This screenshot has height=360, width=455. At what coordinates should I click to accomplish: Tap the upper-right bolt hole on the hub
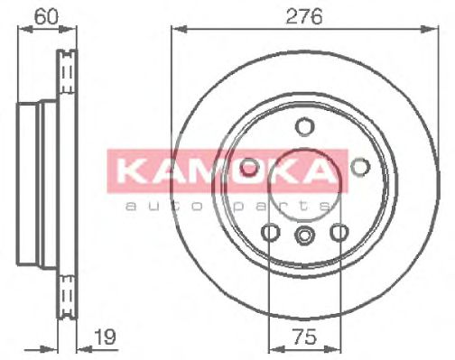point(360,166)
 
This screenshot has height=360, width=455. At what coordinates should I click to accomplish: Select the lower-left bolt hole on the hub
point(269,233)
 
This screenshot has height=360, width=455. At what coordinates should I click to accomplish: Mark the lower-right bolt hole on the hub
point(339,233)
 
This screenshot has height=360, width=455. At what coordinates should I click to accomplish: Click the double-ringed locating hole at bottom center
point(304,236)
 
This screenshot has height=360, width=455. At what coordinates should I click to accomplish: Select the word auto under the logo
point(153,208)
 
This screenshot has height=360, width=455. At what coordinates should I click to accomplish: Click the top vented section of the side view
point(64,77)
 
